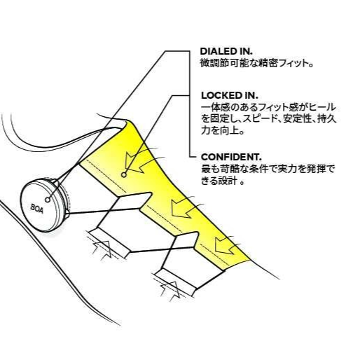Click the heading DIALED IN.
click(226, 51)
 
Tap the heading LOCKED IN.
click(230, 95)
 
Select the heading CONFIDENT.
click(231, 157)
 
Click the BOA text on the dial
click(37, 208)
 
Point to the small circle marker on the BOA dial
click(48, 200)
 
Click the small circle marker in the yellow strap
click(124, 174)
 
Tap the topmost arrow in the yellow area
click(138, 162)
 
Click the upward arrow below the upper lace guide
click(102, 250)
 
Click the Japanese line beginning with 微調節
click(256, 63)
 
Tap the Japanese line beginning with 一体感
click(268, 107)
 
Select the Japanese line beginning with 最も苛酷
click(268, 169)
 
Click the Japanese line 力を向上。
click(223, 130)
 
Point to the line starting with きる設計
click(223, 181)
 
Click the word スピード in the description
click(261, 119)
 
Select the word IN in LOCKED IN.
click(251, 95)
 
